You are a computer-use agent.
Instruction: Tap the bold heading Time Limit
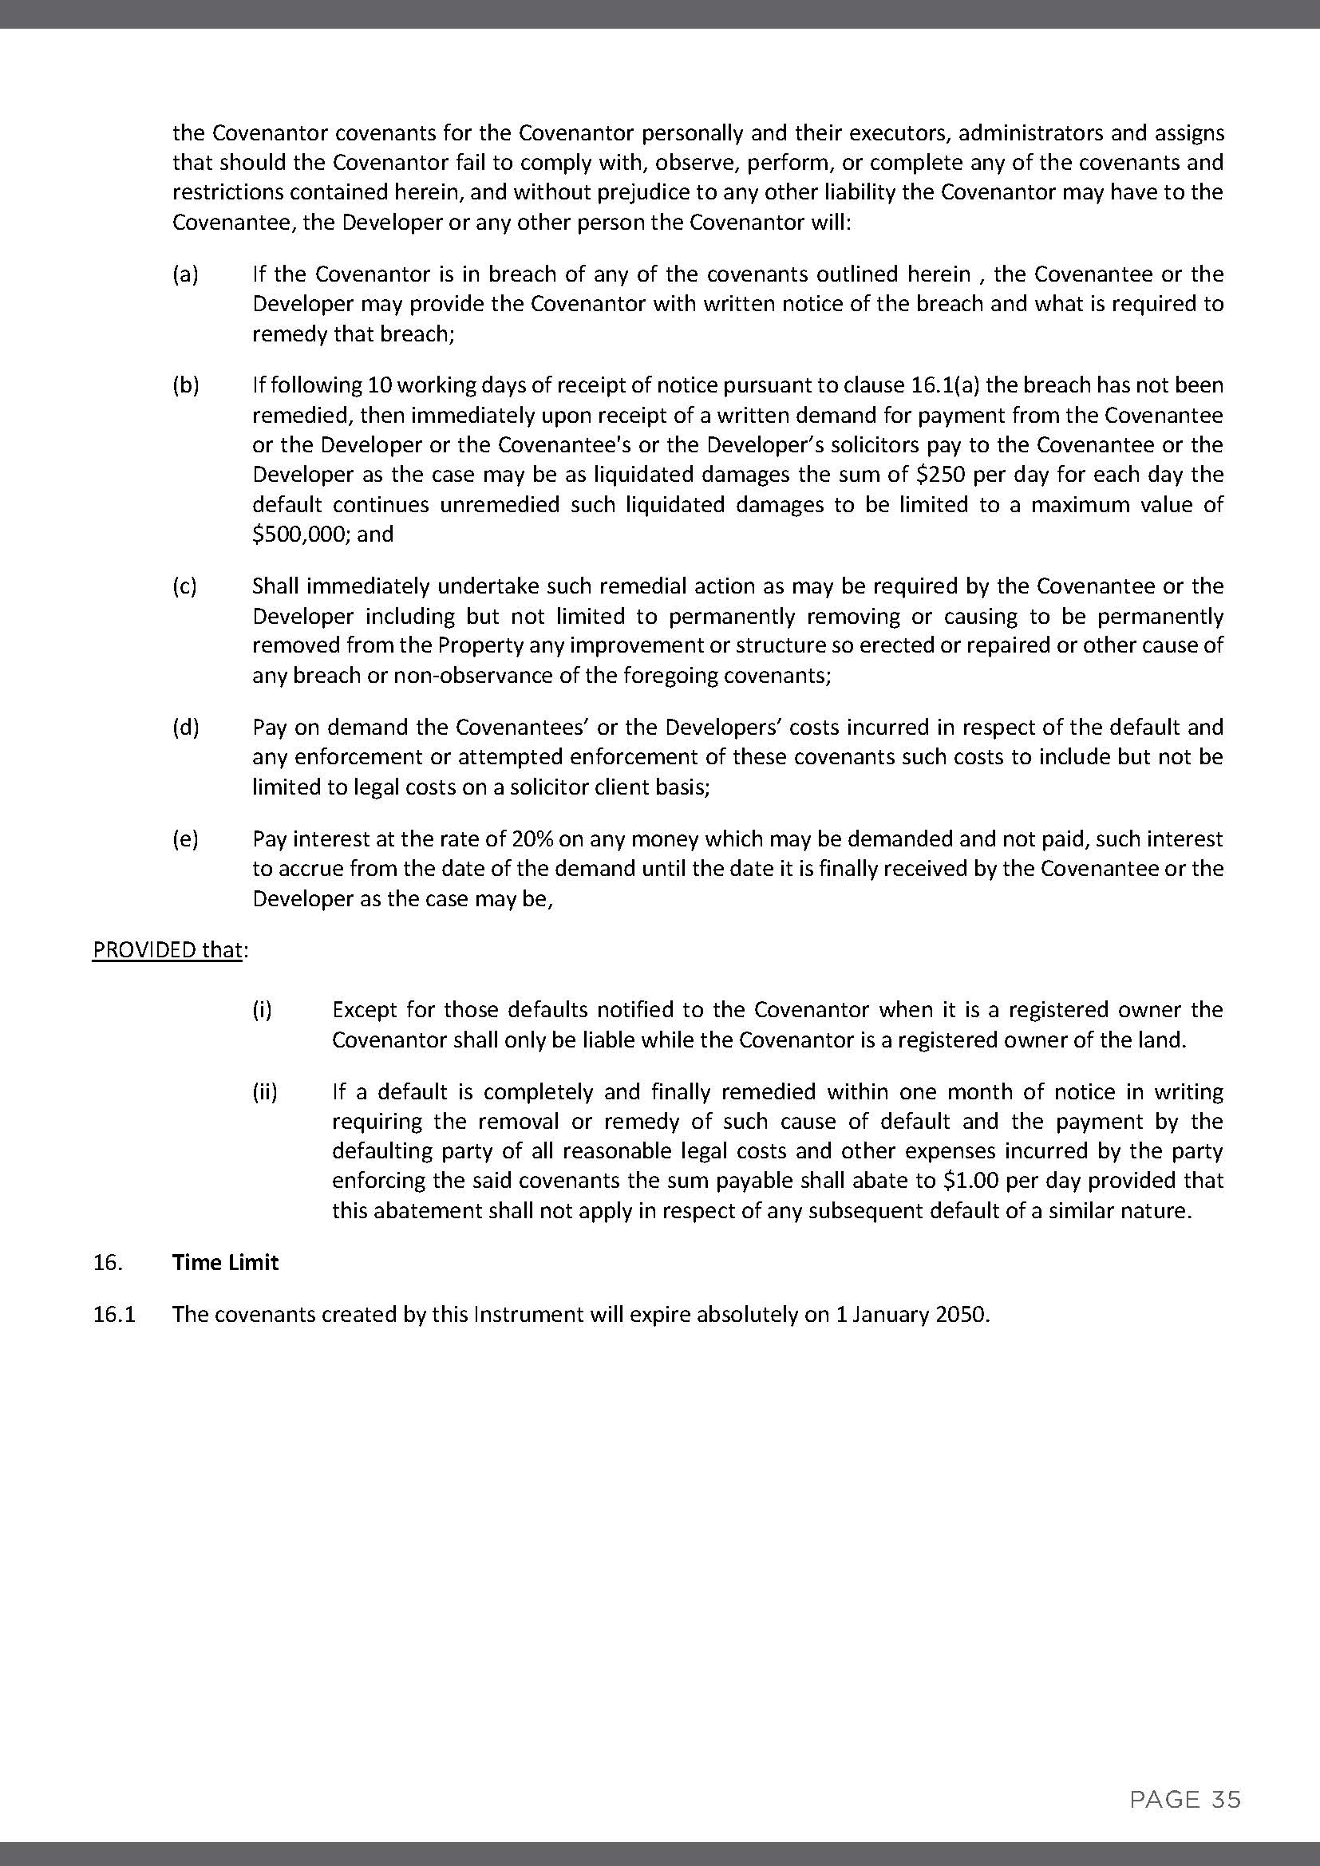coord(225,1262)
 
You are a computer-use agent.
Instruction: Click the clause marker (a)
coord(185,274)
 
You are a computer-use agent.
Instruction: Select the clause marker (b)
coord(185,385)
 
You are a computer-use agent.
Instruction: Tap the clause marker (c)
coord(185,586)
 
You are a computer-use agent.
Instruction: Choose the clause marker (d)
coord(185,728)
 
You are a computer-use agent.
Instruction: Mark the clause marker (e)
coord(185,838)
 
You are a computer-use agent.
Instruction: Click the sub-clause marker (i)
coord(262,1010)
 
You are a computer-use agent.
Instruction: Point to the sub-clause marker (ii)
coord(264,1091)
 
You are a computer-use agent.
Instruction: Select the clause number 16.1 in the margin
coord(114,1314)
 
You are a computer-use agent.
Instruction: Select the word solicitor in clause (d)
coord(557,787)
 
